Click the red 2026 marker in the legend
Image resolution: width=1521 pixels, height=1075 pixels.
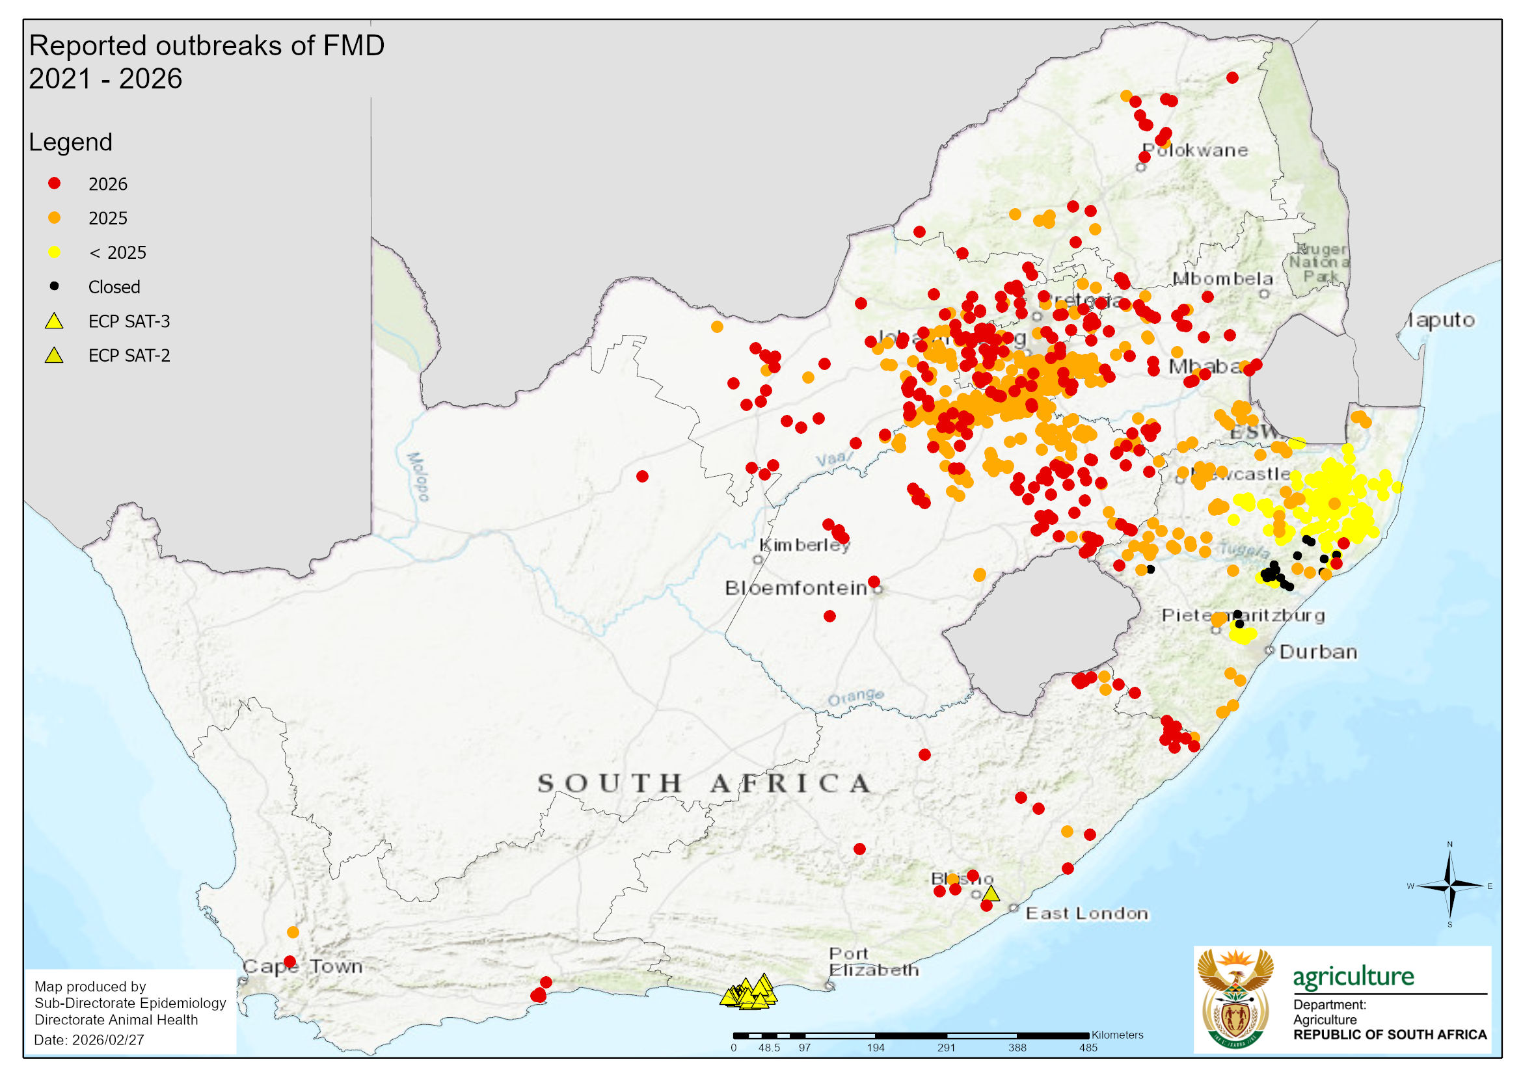pos(55,183)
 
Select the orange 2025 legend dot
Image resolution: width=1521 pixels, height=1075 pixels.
pos(55,218)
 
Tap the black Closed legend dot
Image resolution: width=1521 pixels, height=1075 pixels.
pos(55,286)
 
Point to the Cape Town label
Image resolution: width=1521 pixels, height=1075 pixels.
pos(303,966)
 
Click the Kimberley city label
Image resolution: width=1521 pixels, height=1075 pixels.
pos(804,544)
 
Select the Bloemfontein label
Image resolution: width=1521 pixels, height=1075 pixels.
pos(796,587)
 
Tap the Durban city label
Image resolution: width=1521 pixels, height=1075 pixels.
pos(1317,652)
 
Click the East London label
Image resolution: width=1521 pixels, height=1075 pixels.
pos(1086,913)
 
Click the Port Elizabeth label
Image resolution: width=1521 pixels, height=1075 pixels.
pos(873,962)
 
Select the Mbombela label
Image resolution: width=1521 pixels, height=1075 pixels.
pos(1222,278)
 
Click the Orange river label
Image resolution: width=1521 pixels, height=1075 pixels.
pos(855,697)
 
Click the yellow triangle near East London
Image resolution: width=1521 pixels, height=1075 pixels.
pos(990,894)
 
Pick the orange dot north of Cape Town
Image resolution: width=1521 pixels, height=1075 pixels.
pos(293,932)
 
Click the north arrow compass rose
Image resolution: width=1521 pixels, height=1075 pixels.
pos(1449,886)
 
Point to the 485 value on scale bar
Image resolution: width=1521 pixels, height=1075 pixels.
pos(1088,1048)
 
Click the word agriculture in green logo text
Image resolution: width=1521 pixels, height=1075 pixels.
pos(1353,977)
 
